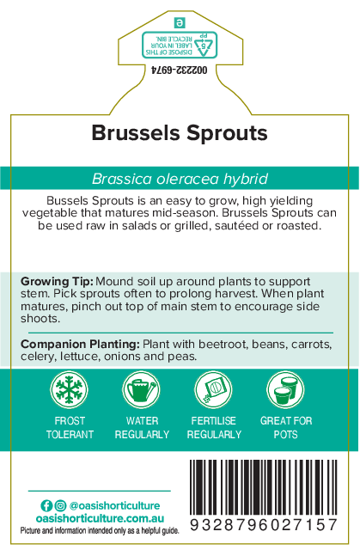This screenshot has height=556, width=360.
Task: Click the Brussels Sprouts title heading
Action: click(180, 134)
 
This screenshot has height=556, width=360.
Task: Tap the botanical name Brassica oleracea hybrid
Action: click(180, 179)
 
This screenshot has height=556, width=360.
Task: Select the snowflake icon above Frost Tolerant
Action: click(69, 389)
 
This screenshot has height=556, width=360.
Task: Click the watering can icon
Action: click(142, 389)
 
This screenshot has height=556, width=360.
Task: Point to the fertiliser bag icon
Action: click(213, 389)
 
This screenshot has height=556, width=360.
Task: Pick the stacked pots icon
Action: click(285, 389)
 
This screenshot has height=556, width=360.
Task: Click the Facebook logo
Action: click(46, 505)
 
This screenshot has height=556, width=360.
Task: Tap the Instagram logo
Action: click(61, 505)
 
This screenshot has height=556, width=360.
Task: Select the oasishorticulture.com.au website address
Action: click(100, 518)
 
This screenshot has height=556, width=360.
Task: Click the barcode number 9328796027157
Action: click(264, 525)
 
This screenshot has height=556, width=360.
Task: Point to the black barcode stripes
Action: click(264, 487)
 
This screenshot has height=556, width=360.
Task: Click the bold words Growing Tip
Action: click(57, 282)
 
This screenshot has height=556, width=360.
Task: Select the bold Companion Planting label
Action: click(80, 344)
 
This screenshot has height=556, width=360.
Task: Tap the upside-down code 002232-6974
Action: click(179, 70)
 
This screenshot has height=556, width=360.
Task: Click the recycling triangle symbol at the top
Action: click(204, 46)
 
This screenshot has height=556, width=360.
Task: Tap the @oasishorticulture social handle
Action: click(114, 505)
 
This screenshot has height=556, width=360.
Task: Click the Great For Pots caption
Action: click(286, 428)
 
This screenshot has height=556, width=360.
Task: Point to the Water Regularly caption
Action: click(142, 428)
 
